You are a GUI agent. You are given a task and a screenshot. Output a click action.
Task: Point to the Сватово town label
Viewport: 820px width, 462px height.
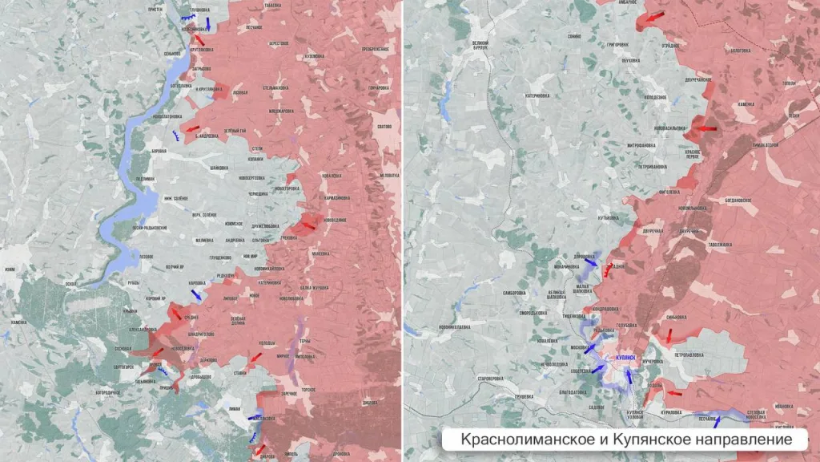click(384, 127)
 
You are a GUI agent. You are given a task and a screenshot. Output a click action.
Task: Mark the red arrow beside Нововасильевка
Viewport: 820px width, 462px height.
click(707, 128)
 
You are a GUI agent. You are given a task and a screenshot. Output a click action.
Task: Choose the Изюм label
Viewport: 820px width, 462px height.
click(10, 269)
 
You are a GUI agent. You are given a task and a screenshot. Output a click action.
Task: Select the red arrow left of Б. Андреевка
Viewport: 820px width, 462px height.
click(192, 128)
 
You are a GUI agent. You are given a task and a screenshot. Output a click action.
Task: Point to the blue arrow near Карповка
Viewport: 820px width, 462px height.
click(196, 294)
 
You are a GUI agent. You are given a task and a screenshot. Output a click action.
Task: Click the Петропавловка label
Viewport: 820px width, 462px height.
click(688, 354)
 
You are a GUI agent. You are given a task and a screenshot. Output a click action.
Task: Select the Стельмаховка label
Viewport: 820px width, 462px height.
click(275, 86)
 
